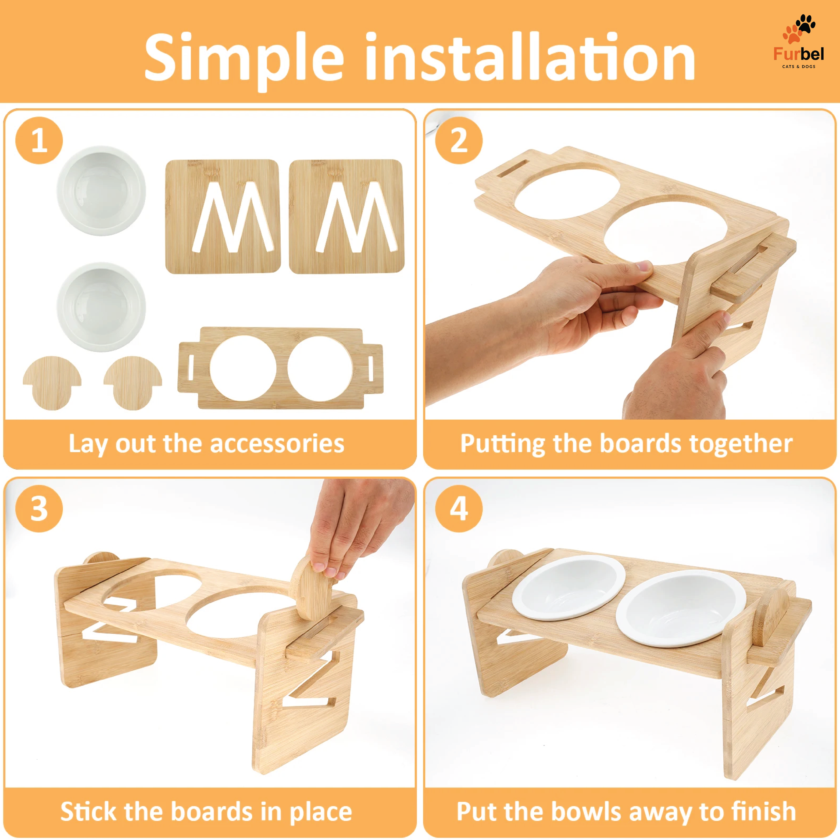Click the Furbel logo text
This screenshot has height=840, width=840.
(x=798, y=54)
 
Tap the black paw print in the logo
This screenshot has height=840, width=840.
(x=805, y=24)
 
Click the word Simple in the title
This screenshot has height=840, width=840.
(x=244, y=58)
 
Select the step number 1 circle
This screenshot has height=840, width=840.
(x=39, y=140)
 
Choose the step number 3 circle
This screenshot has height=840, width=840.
(x=39, y=508)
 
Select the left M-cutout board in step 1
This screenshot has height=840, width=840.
(x=223, y=216)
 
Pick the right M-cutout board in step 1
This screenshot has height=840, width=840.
(x=346, y=216)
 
